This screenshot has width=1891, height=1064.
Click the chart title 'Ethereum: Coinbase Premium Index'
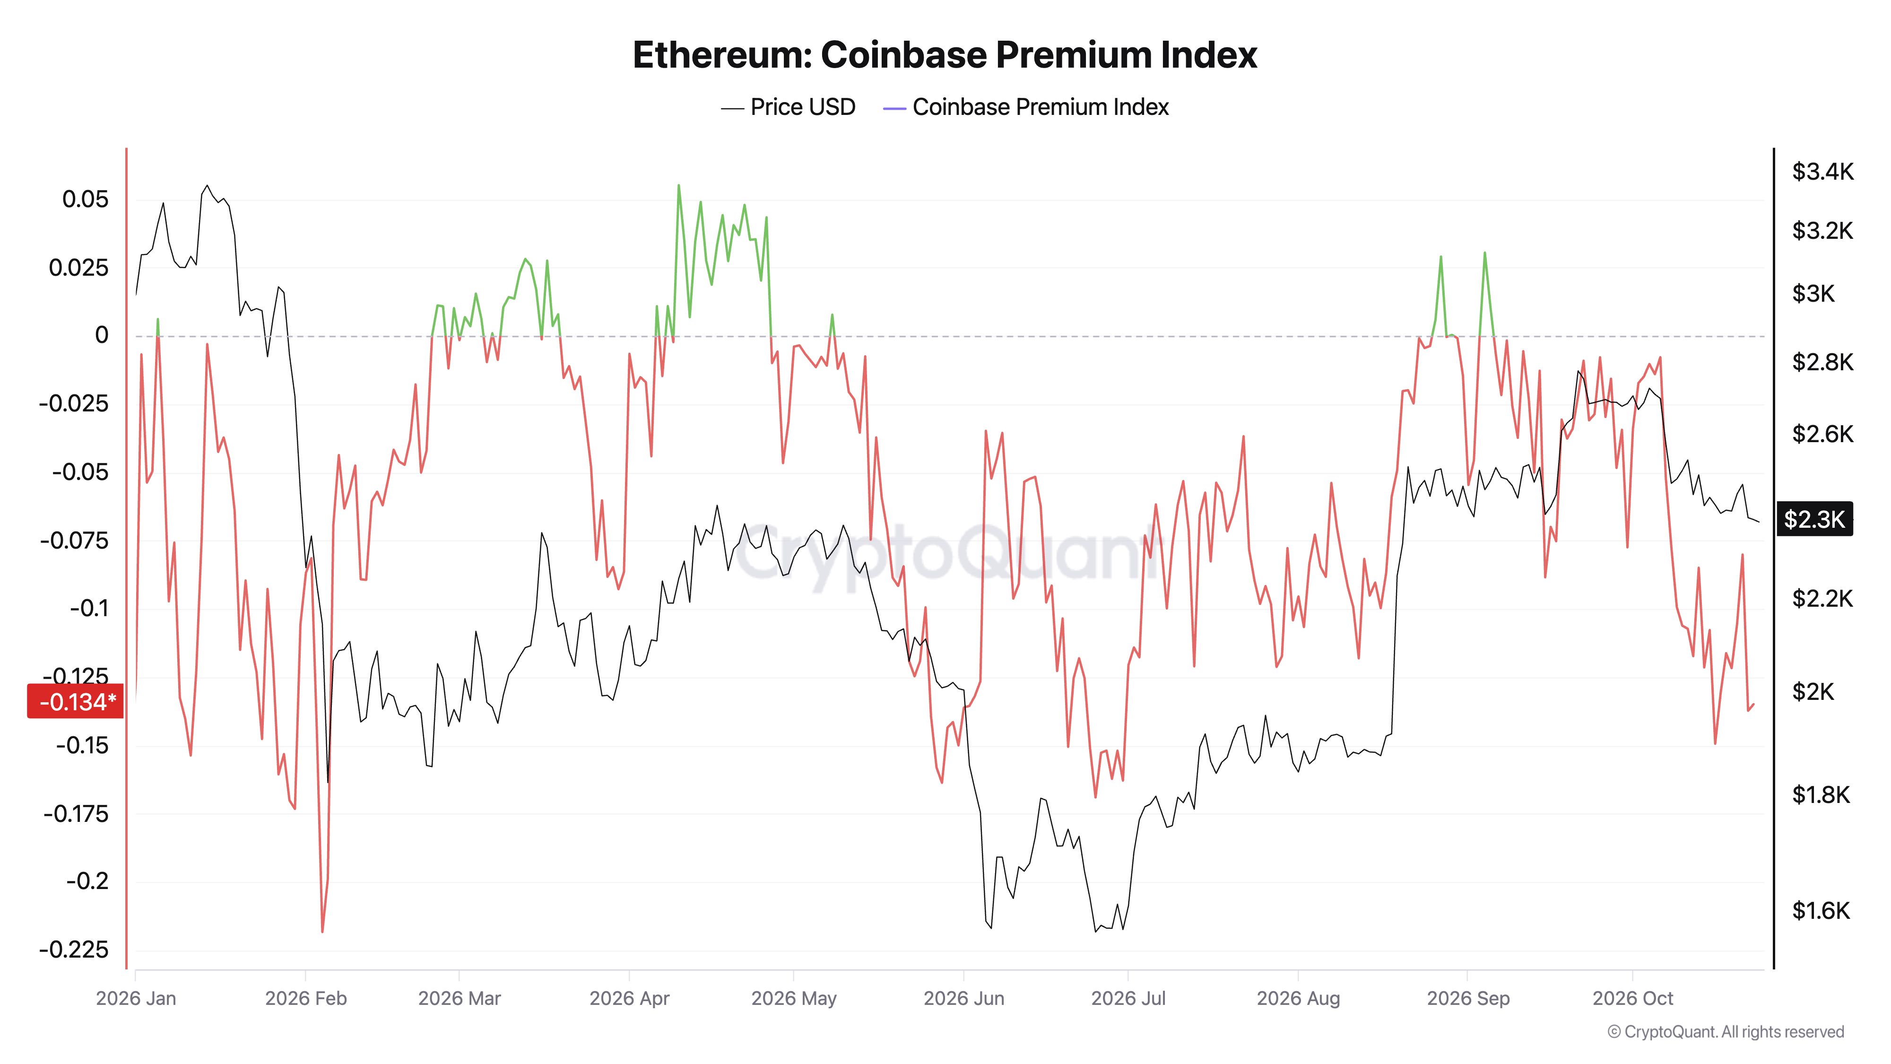945,55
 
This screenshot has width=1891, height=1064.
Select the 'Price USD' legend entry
789,107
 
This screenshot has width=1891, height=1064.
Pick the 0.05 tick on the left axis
85,200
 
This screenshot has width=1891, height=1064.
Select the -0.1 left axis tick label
89,609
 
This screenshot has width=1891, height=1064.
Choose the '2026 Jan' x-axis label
136,999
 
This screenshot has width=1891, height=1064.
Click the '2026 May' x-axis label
794,999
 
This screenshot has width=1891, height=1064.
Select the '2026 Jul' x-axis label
1128,999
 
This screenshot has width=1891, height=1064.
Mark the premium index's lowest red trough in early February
322,932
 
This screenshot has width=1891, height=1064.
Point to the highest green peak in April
678,185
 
